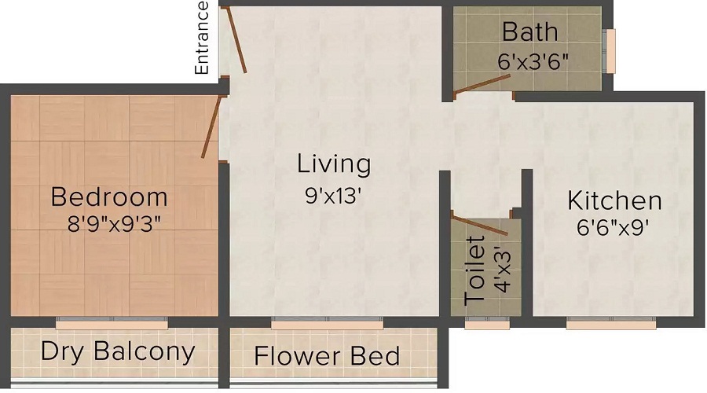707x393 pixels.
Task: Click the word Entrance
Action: pos(202,39)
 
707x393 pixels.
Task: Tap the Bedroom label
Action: pos(109,196)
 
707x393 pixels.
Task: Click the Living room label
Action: pos(333,165)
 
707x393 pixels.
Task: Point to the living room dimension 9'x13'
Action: pos(333,195)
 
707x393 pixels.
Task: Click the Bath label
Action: pos(530,32)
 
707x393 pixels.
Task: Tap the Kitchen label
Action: pos(614,200)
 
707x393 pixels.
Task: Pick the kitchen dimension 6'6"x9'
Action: pos(614,229)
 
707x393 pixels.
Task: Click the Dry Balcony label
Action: pos(117,351)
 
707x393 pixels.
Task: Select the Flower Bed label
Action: pos(327,355)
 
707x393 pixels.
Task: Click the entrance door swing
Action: pos(235,41)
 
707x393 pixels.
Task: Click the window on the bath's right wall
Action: pos(610,50)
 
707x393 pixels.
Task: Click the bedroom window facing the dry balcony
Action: pos(112,321)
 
